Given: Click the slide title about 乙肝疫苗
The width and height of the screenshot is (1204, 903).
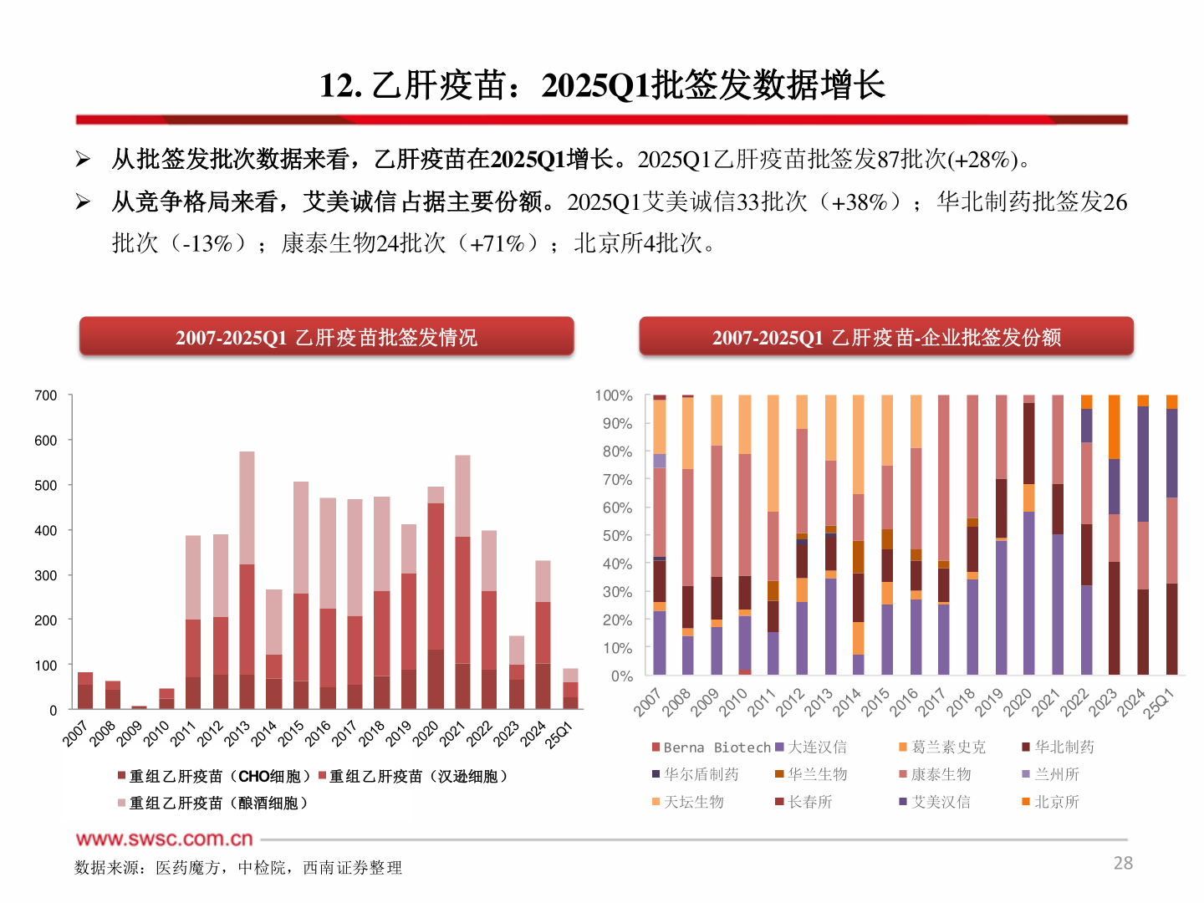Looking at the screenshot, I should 602,85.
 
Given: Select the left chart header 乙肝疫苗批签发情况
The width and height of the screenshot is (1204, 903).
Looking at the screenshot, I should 326,337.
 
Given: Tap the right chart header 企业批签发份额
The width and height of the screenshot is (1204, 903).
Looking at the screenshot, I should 886,337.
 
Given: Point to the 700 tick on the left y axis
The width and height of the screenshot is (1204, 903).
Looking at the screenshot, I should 46,395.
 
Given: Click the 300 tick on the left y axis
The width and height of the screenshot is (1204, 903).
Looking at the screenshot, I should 46,575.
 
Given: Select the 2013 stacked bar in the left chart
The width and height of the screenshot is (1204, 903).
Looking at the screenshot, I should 247,585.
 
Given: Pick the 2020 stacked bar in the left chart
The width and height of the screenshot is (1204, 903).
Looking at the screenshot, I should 436,602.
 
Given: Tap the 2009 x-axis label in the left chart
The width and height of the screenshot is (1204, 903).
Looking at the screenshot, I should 130,733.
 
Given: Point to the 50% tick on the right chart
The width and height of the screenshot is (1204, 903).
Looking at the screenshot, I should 617,535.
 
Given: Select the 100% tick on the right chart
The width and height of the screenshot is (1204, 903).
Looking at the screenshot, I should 614,395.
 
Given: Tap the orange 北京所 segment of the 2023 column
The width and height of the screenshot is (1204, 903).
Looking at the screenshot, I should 1114,427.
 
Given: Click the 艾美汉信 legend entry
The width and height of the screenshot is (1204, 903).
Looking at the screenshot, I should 940,802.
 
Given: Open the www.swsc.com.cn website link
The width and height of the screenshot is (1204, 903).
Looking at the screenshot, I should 164,839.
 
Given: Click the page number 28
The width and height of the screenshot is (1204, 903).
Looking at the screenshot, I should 1123,863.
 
